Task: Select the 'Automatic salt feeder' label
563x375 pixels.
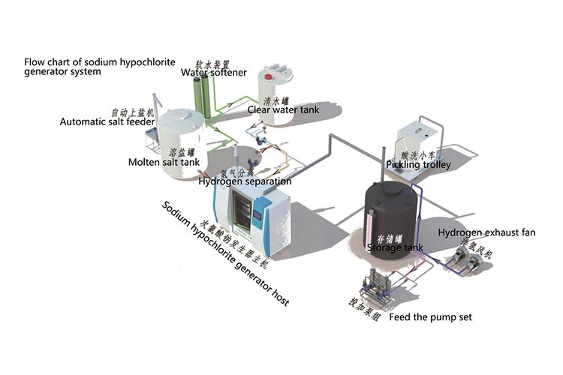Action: [107, 121]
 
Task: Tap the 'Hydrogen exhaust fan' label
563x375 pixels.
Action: [486, 232]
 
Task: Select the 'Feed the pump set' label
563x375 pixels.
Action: [431, 318]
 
